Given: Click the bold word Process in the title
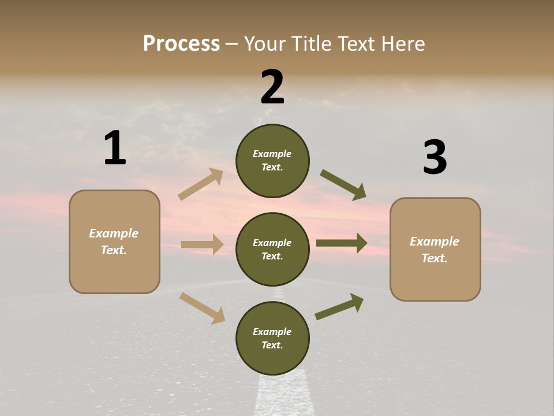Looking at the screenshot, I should pos(181,44).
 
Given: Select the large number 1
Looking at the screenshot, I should pos(115,148).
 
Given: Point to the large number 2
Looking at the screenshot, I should pos(272,87).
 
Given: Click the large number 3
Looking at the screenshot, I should pos(435,157).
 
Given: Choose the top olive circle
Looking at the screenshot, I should pos(272,161).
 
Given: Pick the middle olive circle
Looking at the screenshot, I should pos(272,250).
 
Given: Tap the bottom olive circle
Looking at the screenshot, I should pos(272,339).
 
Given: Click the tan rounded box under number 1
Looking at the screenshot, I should pos(114,242).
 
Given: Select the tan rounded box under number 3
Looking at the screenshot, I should pos(435,250).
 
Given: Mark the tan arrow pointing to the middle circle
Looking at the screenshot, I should pos(202,244).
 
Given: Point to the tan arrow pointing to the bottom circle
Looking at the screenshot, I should pos(202,308).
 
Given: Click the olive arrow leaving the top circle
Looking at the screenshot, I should pos(343,185).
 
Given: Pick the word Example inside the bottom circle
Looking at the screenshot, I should pos(272,332).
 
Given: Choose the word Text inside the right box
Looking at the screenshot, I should pos(433,258).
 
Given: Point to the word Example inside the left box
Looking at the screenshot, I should pos(114,233).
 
